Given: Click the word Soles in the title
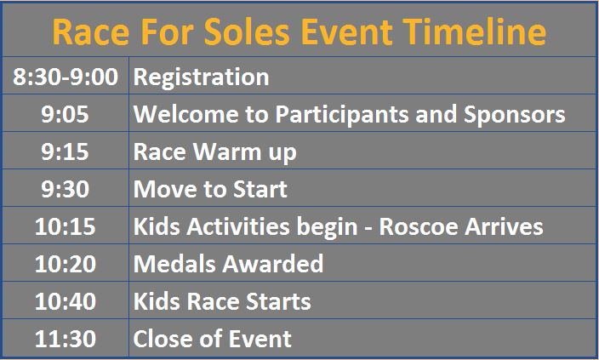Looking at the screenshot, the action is pyautogui.click(x=247, y=31).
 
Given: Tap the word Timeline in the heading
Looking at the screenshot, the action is pyautogui.click(x=475, y=31).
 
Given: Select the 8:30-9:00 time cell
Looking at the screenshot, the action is pyautogui.click(x=66, y=77).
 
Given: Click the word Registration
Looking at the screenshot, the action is pyautogui.click(x=201, y=77).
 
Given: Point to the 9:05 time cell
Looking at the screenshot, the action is pyautogui.click(x=65, y=114).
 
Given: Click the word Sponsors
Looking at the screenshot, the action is pyautogui.click(x=514, y=115).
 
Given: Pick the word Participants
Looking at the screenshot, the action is pyautogui.click(x=342, y=115).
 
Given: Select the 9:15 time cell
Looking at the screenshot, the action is pyautogui.click(x=65, y=151).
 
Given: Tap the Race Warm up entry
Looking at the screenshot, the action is pyautogui.click(x=214, y=152).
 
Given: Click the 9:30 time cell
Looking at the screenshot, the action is pyautogui.click(x=65, y=189).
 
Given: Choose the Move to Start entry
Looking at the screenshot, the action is pyautogui.click(x=210, y=189).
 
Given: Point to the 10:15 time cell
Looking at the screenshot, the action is pyautogui.click(x=65, y=226).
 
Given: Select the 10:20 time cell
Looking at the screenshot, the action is pyautogui.click(x=65, y=264).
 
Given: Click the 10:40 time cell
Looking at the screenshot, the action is pyautogui.click(x=65, y=301).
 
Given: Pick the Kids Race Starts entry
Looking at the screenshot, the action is pyautogui.click(x=222, y=301).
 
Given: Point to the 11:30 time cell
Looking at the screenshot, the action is pyautogui.click(x=65, y=339).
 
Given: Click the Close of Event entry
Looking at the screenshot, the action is pyautogui.click(x=212, y=339).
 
